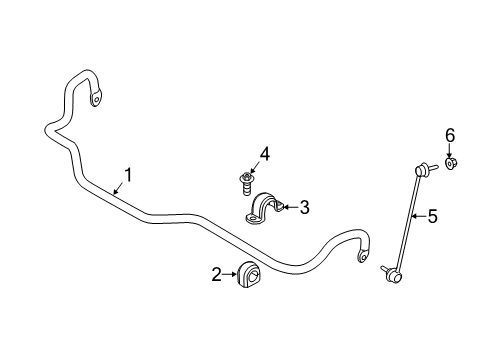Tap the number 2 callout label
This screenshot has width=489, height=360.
click(x=215, y=273)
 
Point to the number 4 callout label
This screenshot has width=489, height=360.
click(x=264, y=154)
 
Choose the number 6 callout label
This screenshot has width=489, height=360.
click(x=450, y=135)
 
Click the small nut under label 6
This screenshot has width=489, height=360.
click(x=451, y=163)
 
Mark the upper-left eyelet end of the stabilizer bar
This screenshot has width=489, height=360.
click(x=96, y=98)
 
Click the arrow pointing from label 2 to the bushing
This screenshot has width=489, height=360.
click(x=229, y=273)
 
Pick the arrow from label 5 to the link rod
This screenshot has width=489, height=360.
click(x=419, y=215)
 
